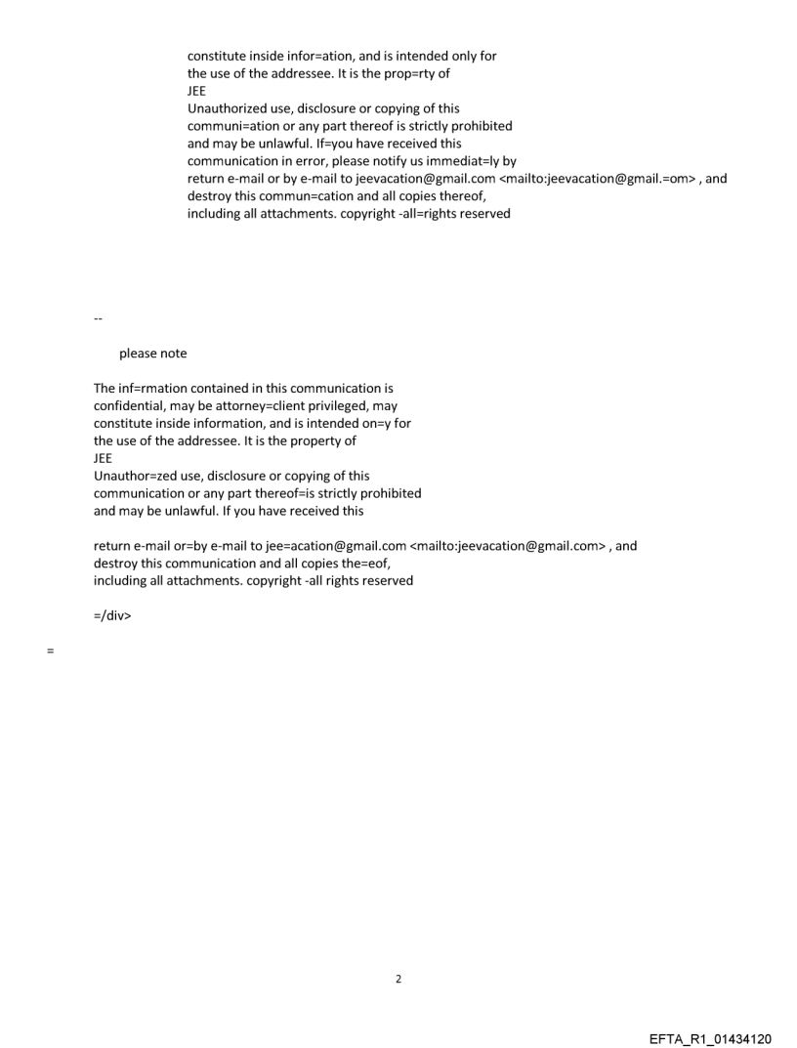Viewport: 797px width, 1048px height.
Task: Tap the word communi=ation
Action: point(235,126)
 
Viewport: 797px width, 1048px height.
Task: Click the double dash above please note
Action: point(98,319)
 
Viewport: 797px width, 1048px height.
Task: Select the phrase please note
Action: point(152,354)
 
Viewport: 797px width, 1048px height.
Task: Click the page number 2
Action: point(398,979)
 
